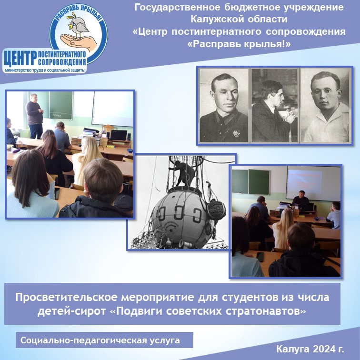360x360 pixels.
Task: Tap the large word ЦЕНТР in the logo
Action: coord(20,58)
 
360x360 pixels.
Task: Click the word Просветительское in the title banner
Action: coord(66,298)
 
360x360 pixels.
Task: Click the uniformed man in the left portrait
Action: coord(223,108)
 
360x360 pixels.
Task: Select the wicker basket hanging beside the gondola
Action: coord(216,210)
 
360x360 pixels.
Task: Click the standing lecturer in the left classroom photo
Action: coord(35,116)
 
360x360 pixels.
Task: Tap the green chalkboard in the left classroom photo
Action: coord(61,105)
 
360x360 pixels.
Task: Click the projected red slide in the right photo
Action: coord(305,181)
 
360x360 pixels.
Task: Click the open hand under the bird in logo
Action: coord(79,41)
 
